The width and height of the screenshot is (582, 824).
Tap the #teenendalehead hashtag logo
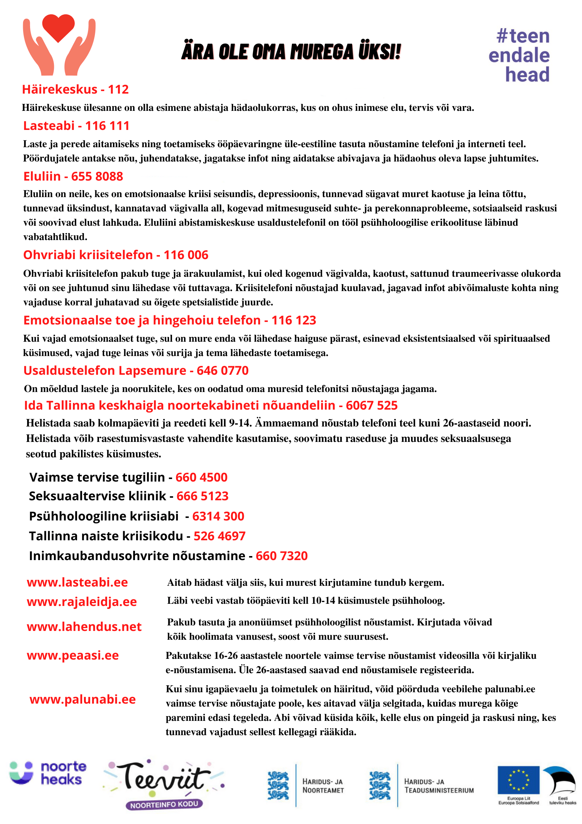click(x=520, y=55)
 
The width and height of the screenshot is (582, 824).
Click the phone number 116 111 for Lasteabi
click(x=107, y=126)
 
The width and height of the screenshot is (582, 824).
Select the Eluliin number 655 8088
click(x=97, y=177)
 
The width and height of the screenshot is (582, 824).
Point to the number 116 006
click(x=186, y=255)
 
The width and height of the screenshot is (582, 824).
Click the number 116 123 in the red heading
click(x=294, y=320)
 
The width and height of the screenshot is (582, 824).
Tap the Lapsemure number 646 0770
click(x=223, y=371)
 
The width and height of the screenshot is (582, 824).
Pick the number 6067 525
click(x=371, y=406)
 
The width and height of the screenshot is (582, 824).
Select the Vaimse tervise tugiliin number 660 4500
click(x=201, y=478)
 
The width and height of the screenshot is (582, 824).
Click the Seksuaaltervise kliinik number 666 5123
click(x=202, y=496)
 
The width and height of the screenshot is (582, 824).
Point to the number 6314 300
click(x=218, y=516)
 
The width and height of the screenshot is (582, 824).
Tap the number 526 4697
click(x=219, y=536)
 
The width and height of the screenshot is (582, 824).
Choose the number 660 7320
click(x=282, y=556)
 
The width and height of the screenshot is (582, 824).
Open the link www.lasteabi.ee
click(x=77, y=582)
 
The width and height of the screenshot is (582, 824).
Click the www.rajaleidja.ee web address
click(x=82, y=602)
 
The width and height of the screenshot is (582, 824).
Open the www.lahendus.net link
click(x=84, y=627)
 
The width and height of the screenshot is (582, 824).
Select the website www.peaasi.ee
click(x=73, y=656)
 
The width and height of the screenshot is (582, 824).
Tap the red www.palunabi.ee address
click(x=83, y=700)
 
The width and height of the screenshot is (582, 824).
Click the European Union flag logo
click(x=518, y=780)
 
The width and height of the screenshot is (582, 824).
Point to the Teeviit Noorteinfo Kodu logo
click(x=164, y=784)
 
